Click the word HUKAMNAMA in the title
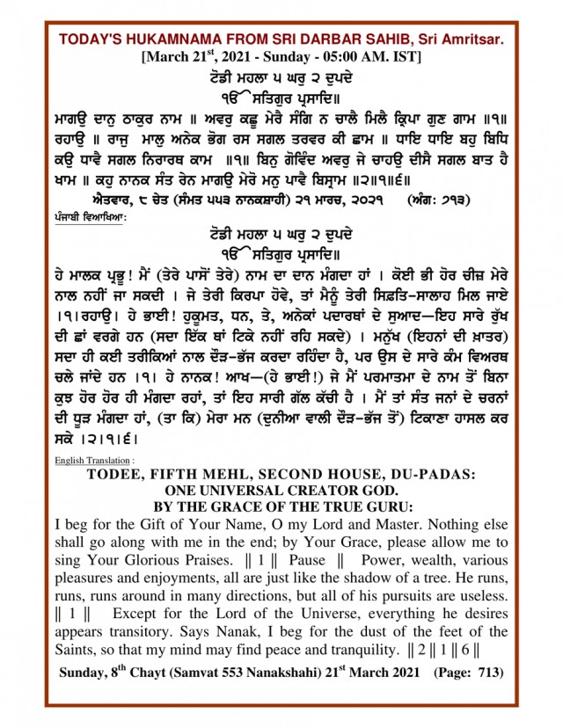point(164,40)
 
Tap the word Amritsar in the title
point(472,40)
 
